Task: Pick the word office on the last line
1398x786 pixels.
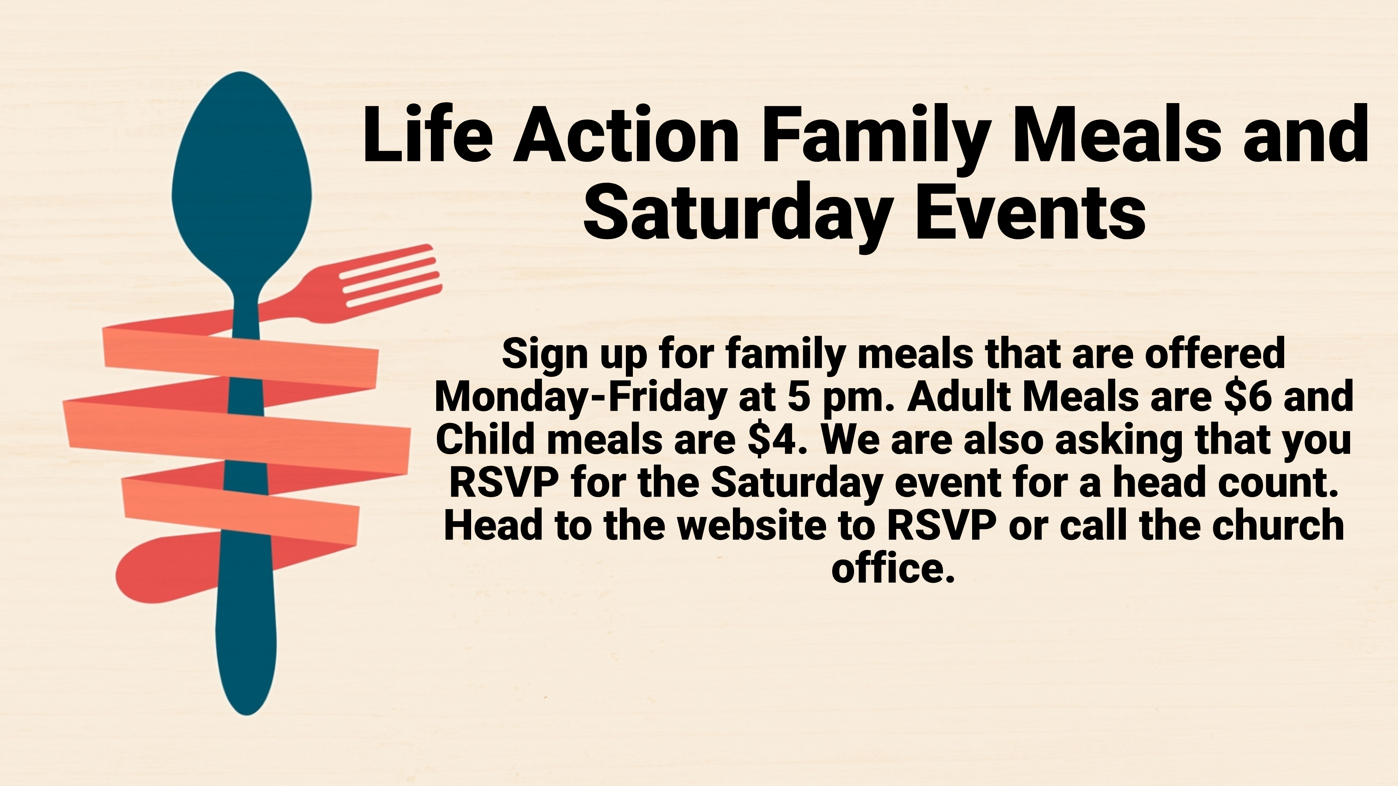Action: coord(893,568)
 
